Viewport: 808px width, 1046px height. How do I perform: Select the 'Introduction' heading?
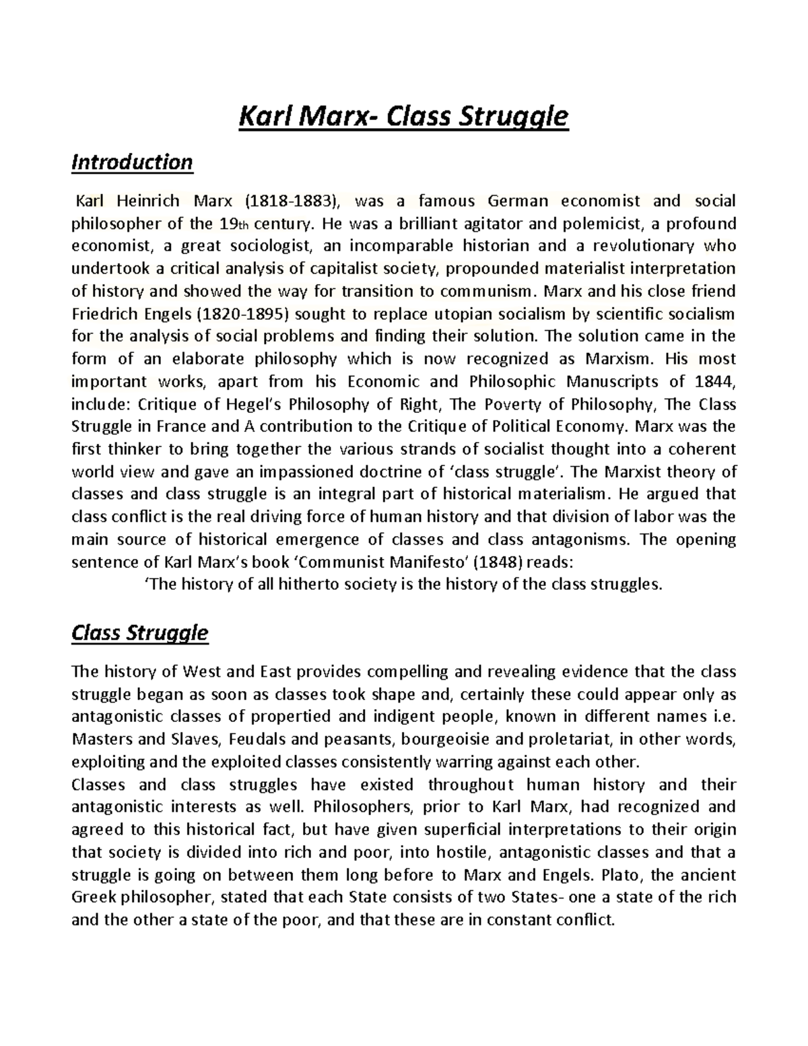tap(132, 162)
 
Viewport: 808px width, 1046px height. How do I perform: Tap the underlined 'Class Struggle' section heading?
tap(139, 633)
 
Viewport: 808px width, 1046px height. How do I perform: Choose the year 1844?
tap(712, 382)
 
